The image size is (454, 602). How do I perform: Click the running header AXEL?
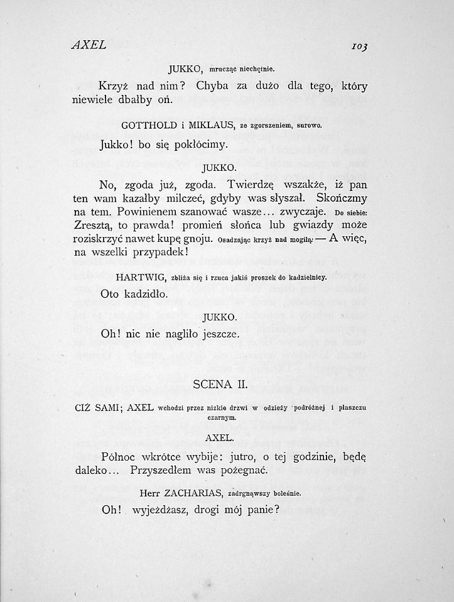(x=89, y=45)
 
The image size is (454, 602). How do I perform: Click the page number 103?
(x=360, y=47)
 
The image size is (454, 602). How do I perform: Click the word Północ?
(x=121, y=454)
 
